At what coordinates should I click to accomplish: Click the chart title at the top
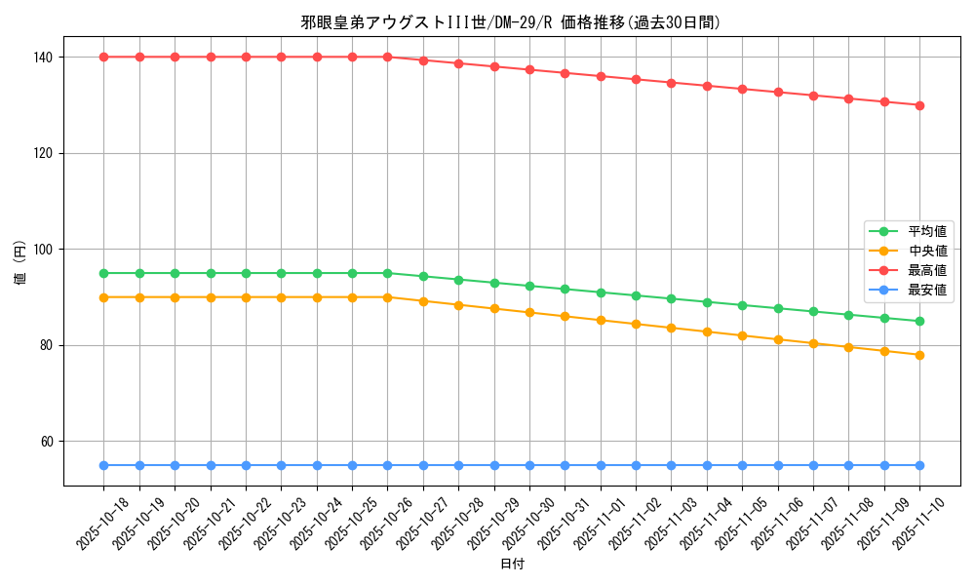(512, 22)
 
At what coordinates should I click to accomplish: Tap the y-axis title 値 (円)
(20, 262)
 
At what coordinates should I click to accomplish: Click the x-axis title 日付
(512, 565)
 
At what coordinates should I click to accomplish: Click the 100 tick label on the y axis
(44, 250)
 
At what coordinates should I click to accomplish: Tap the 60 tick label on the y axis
(47, 442)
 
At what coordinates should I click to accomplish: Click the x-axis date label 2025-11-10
(920, 524)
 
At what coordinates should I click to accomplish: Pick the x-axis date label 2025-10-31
(565, 524)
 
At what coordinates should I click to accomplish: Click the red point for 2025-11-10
(919, 105)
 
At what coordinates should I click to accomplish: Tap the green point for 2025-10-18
(104, 273)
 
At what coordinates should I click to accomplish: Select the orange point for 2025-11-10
(919, 355)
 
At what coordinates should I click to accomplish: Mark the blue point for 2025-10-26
(387, 465)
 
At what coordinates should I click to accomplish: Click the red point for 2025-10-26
(387, 57)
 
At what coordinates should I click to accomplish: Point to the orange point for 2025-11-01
(601, 320)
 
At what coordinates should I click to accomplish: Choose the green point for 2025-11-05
(742, 305)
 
